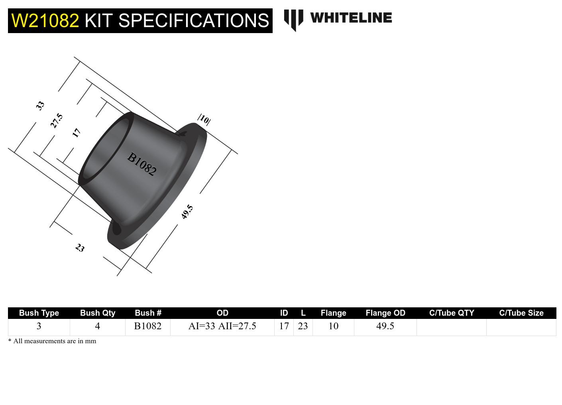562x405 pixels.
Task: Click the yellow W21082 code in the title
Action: click(45, 21)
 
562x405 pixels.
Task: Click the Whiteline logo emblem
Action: click(293, 20)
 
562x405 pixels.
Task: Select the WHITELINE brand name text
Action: click(351, 18)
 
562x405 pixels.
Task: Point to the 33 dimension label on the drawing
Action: click(40, 106)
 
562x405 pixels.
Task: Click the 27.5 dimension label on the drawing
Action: click(57, 120)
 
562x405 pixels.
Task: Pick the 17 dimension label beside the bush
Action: click(77, 133)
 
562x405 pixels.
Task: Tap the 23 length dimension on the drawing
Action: click(80, 248)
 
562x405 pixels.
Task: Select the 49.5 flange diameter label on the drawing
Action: click(187, 212)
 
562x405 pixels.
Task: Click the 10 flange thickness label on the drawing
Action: click(204, 119)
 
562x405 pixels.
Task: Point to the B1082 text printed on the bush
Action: click(141, 164)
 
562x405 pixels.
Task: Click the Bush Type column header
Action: click(39, 313)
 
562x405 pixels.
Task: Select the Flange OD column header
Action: click(385, 313)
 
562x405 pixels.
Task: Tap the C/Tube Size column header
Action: click(521, 313)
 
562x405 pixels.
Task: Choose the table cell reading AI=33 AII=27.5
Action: click(222, 326)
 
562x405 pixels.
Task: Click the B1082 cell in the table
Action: click(147, 326)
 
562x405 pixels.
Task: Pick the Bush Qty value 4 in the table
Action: click(97, 326)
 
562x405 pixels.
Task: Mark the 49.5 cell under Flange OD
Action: click(385, 326)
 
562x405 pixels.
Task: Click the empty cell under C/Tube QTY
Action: click(451, 327)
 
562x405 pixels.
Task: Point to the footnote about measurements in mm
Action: click(52, 341)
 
